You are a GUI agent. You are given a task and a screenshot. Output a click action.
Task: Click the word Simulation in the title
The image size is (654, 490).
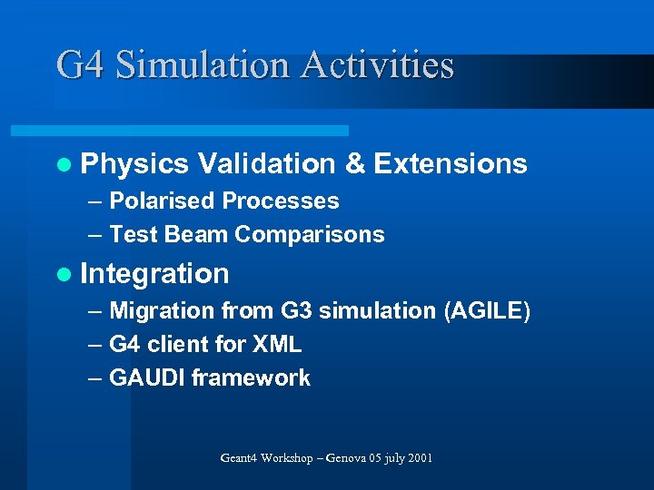[x=203, y=65]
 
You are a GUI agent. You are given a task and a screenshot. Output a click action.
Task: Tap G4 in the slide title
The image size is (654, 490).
[x=81, y=65]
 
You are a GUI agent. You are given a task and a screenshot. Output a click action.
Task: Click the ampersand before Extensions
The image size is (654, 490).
[x=355, y=164]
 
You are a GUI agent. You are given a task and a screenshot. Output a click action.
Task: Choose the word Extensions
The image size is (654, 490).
[x=451, y=164]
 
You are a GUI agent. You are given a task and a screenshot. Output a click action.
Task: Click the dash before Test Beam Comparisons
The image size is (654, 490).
[x=95, y=234]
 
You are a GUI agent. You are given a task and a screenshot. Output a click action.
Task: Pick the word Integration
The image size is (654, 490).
[x=155, y=274]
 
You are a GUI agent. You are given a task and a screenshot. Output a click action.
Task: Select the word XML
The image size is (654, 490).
[x=276, y=345]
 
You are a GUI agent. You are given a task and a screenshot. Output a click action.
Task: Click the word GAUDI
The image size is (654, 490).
[x=146, y=378]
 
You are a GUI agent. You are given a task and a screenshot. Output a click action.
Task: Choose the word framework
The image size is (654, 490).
[x=251, y=378]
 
